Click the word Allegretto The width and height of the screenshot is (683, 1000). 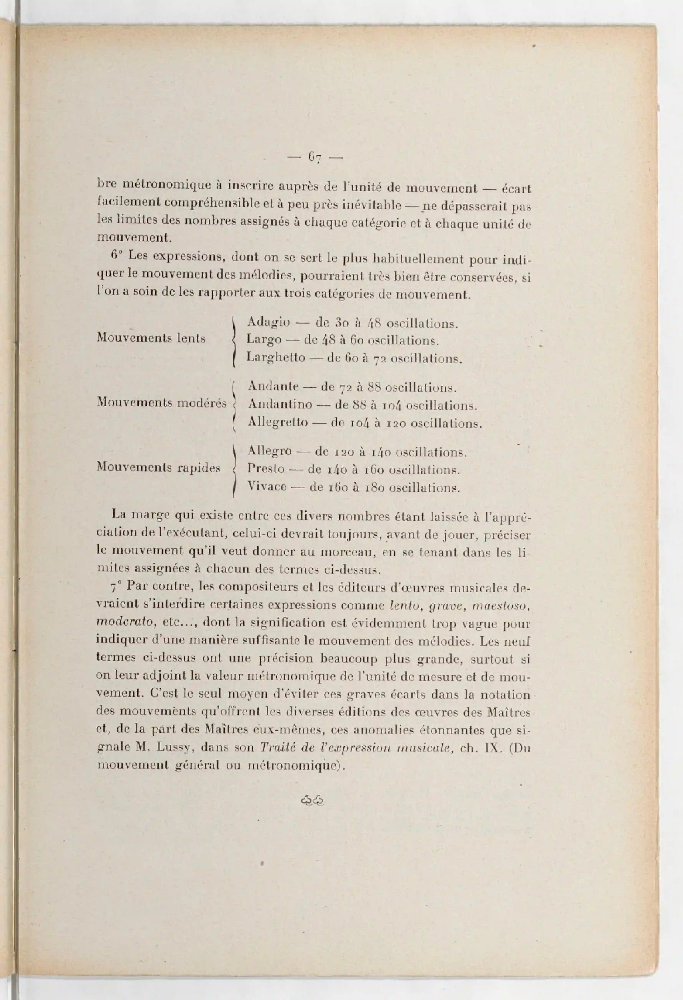point(278,422)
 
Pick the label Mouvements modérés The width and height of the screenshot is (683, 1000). point(162,403)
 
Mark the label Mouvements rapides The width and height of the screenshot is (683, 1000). point(158,468)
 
